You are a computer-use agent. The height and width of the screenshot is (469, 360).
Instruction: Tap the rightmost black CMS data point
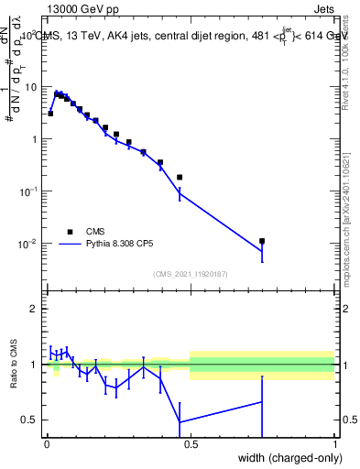tap(262, 241)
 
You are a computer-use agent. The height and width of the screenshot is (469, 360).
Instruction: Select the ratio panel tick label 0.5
tap(30, 420)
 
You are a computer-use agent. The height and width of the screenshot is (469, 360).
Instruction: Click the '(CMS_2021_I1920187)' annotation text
tap(191, 273)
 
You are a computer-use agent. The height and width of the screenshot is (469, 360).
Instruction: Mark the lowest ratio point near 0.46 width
tap(180, 422)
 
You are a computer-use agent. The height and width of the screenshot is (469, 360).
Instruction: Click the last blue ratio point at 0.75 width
tap(262, 402)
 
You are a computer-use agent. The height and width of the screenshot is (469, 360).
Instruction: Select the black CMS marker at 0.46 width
tap(180, 177)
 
